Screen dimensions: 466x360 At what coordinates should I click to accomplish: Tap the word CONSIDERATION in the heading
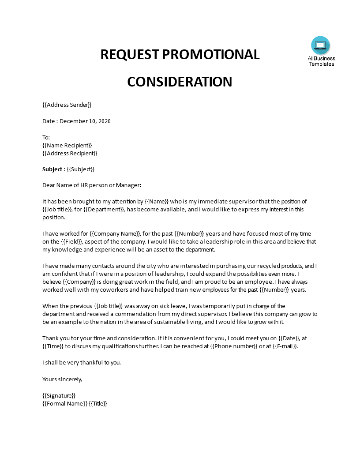point(180,82)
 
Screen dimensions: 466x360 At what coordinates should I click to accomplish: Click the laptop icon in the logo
point(321,45)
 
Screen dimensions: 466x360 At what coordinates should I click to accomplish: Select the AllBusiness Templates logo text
point(321,61)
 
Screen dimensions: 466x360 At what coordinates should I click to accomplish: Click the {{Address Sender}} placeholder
point(67,105)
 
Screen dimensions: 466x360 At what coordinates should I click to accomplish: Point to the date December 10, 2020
point(85,121)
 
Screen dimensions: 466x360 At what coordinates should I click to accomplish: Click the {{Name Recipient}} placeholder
point(67,145)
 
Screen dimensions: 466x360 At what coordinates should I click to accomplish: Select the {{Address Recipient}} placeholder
point(70,153)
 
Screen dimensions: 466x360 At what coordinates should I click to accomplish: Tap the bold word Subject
point(52,169)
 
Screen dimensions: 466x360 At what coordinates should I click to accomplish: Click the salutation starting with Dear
point(91,185)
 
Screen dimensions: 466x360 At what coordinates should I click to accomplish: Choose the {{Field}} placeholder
point(71,241)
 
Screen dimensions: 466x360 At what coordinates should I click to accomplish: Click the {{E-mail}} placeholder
point(285,346)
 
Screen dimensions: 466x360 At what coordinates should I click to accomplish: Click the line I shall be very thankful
point(81,362)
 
